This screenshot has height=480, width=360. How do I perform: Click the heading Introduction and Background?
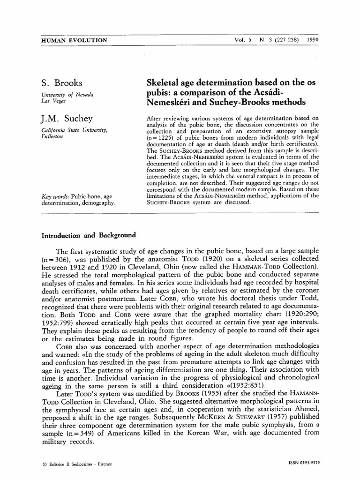click(88, 235)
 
